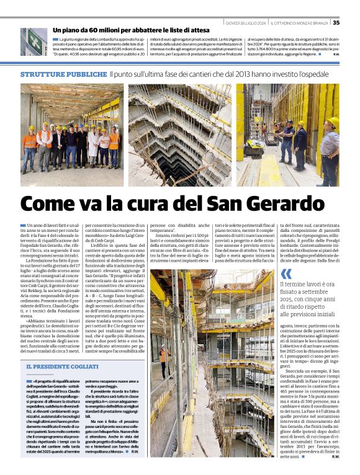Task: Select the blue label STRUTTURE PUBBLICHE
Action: coord(63,74)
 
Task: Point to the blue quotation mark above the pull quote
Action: coord(286,273)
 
